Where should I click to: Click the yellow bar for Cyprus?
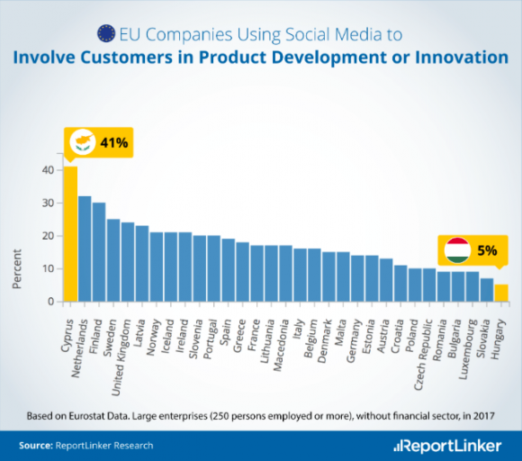[x=70, y=234]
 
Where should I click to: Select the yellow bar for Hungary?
[x=501, y=293]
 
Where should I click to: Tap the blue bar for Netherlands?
[x=85, y=249]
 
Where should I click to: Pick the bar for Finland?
[x=99, y=252]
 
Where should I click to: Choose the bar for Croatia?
[x=400, y=284]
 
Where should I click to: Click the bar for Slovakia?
[x=487, y=290]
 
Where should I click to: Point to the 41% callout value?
[x=114, y=143]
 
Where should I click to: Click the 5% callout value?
[x=487, y=250]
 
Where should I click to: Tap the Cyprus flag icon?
[x=83, y=142]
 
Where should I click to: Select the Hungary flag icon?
[x=458, y=250]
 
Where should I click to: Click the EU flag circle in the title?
[x=106, y=33]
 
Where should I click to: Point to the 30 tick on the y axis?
[x=48, y=203]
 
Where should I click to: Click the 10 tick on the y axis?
[x=48, y=269]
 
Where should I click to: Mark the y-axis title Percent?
[x=16, y=269]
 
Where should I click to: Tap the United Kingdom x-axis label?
[x=121, y=357]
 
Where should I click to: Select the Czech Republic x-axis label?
[x=423, y=355]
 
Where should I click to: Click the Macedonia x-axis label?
[x=280, y=345]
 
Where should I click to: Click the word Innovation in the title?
[x=462, y=58]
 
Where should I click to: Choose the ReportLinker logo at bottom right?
[x=447, y=446]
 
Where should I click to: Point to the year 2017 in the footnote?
[x=483, y=416]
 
